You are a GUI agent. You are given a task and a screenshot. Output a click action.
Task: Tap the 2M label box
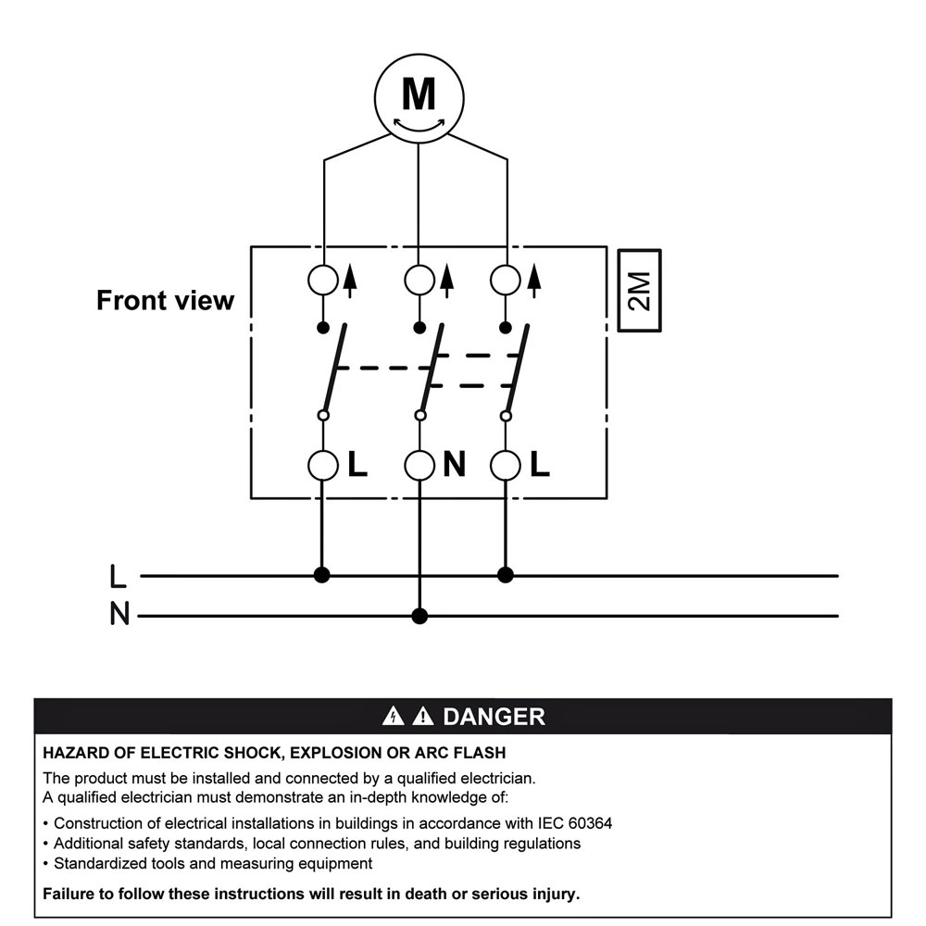point(640,291)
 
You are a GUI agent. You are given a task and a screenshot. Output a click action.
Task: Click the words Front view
point(166,301)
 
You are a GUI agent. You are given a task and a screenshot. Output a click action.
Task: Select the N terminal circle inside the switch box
point(420,465)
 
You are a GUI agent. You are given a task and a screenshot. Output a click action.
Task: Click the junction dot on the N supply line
point(420,616)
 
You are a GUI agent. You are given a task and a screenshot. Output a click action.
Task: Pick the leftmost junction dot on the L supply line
point(322,575)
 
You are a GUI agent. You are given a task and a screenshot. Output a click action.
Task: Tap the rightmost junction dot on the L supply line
point(505,575)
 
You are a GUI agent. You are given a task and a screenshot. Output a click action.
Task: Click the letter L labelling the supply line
point(118,577)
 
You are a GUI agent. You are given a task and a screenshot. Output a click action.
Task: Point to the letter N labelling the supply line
point(119,615)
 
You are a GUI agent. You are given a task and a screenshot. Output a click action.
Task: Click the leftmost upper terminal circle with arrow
point(323,280)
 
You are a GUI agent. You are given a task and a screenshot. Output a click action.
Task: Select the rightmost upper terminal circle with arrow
point(506,280)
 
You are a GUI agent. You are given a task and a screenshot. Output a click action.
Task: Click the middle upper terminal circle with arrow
point(420,280)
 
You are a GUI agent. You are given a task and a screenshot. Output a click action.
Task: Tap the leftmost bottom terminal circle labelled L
point(323,465)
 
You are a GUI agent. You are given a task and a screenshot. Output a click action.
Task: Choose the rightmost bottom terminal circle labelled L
point(506,465)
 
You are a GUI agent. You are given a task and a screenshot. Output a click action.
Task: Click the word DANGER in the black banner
point(494,717)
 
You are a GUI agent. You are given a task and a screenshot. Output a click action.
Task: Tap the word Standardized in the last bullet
point(101,864)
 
